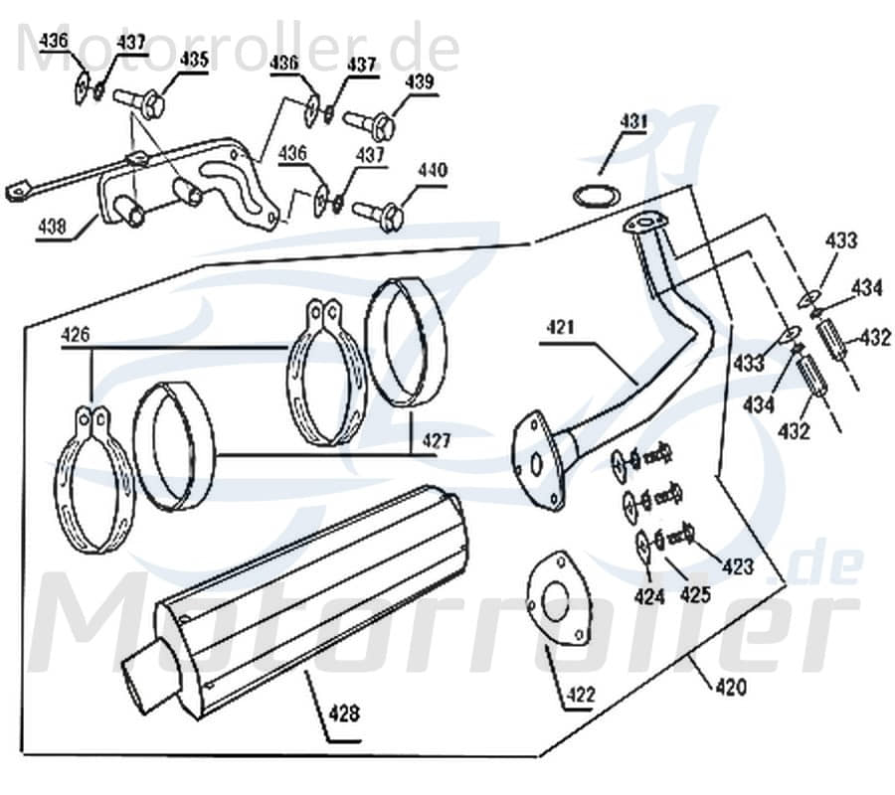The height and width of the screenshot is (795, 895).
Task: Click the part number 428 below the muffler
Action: coord(345,713)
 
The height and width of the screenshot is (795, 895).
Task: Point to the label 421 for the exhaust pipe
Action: coord(561,327)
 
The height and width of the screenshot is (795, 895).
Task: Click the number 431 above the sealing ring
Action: coord(633,122)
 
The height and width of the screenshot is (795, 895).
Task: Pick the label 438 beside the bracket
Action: coord(53,227)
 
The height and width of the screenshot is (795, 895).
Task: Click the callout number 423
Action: coord(738,567)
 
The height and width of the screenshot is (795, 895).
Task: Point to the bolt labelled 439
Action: coord(371,123)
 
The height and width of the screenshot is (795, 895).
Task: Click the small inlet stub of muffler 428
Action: coord(139,680)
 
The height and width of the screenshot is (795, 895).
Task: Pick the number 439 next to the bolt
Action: coord(419,81)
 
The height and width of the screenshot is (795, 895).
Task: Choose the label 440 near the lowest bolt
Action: coord(433,170)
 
